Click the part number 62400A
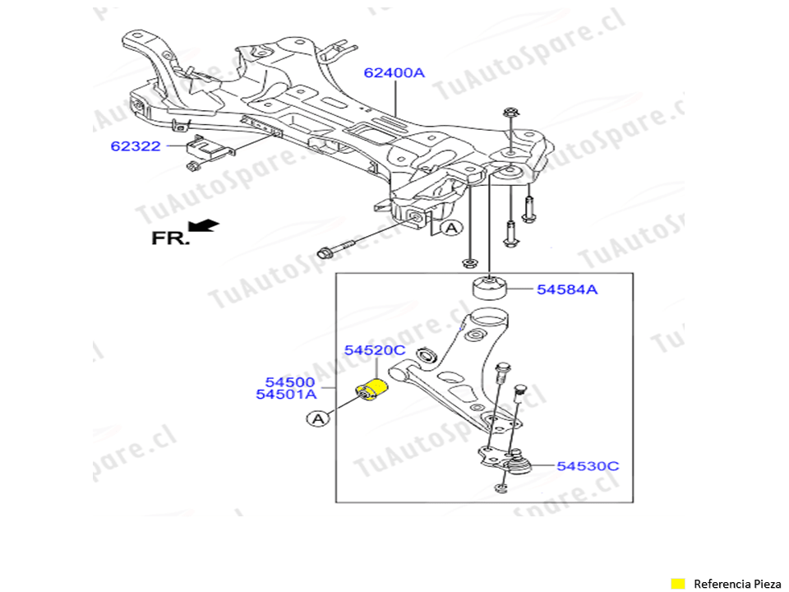pos(394,72)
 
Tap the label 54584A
pos(567,289)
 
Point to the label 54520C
pos(375,350)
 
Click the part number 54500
pos(289,382)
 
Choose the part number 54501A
pos(285,395)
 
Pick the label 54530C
pos(588,466)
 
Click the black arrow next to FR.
pos(202,224)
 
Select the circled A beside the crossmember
pos(450,229)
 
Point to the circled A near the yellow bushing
pos(318,419)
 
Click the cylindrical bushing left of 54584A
pos(491,289)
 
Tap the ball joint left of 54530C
pos(518,462)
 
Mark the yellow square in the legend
pos(678,583)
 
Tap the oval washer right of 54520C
pos(427,355)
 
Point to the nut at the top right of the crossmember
pos(510,113)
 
